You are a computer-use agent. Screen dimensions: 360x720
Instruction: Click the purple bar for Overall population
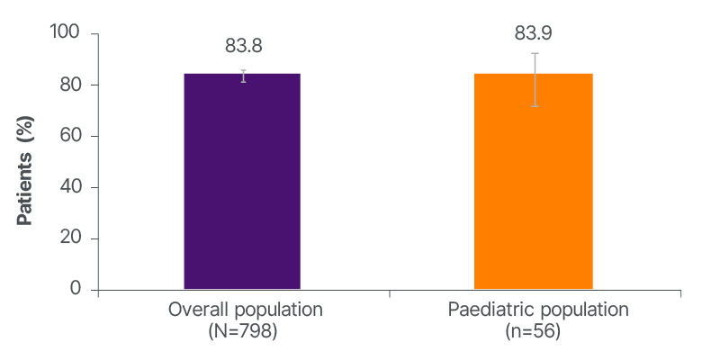pos(242,181)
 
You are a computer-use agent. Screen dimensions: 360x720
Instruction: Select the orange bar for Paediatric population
pos(533,181)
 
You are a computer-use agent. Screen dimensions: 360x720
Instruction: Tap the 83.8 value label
pos(243,46)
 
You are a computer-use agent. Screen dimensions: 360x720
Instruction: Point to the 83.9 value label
pos(533,33)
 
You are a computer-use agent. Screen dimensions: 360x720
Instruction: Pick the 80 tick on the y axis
pos(72,85)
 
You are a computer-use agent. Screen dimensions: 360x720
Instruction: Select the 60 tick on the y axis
pos(72,136)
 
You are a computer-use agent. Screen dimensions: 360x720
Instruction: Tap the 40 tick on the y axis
pos(72,187)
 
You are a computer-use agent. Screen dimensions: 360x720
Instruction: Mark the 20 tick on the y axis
pos(72,238)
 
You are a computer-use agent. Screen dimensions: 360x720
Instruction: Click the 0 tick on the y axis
pos(76,290)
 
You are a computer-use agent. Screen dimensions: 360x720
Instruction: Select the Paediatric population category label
pos(537,310)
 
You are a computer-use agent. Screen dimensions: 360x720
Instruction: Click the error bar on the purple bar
pos(243,76)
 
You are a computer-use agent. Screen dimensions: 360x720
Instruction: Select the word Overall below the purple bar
pos(195,310)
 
